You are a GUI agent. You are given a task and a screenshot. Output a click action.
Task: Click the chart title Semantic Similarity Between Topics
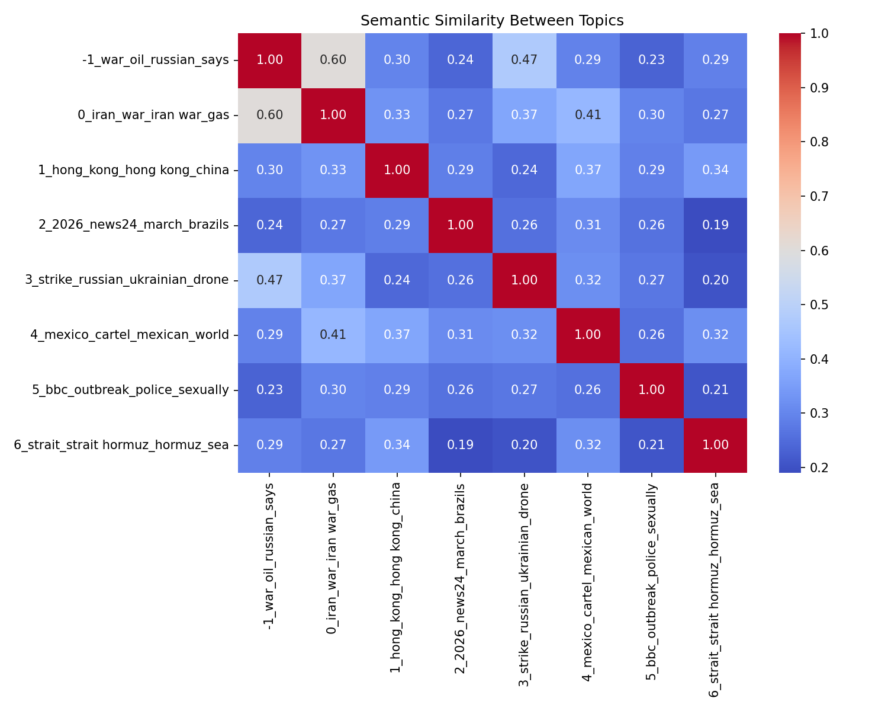(x=492, y=21)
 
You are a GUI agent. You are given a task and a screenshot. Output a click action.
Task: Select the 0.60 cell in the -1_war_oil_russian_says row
(x=333, y=60)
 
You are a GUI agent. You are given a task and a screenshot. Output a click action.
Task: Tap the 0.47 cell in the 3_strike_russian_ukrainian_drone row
(x=269, y=280)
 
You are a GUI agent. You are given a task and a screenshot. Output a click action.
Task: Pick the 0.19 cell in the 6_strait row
(x=460, y=444)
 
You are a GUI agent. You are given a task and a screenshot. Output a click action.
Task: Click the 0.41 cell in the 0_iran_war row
(x=587, y=115)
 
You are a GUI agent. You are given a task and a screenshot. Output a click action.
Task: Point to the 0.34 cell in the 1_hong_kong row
(x=715, y=170)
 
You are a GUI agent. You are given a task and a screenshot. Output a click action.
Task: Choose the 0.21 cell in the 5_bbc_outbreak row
(x=715, y=390)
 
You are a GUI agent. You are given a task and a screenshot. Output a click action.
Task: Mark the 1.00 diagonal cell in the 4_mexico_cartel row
(x=587, y=335)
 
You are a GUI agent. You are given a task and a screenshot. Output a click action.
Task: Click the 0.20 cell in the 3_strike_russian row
(x=715, y=280)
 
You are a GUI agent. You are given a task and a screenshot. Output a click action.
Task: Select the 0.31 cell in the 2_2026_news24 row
(x=587, y=225)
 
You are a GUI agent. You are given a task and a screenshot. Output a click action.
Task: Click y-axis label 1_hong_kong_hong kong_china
(x=134, y=170)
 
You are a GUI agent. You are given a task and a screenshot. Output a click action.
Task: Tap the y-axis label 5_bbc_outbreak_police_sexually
(x=131, y=390)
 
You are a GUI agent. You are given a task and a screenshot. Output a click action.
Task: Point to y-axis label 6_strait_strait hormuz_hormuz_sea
(x=121, y=444)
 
